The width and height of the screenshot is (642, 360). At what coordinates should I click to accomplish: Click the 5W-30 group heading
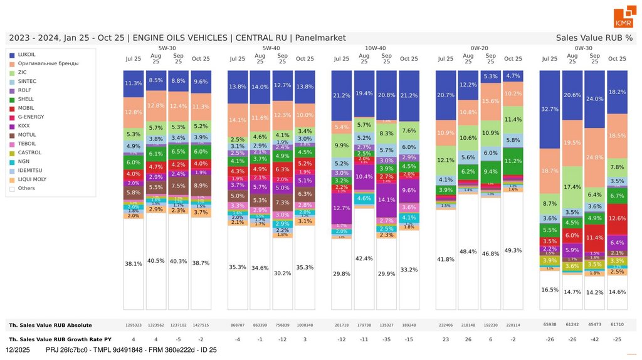click(167, 48)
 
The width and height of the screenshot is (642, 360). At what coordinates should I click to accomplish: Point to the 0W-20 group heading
click(479, 48)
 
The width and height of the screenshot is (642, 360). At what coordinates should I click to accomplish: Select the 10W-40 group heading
click(375, 48)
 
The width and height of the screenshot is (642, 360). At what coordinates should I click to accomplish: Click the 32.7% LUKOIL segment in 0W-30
click(549, 109)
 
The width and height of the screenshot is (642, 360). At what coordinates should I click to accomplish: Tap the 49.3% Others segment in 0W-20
click(513, 250)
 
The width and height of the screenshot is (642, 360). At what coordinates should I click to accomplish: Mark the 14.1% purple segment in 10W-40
click(387, 200)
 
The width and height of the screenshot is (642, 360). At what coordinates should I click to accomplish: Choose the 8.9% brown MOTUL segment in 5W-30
click(201, 186)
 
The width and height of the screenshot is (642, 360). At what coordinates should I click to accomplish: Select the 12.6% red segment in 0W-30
click(617, 218)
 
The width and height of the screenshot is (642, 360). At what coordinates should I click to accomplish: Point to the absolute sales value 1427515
click(201, 326)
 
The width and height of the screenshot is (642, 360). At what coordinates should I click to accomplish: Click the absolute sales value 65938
click(549, 326)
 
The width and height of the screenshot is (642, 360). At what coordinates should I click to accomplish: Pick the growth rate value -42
click(594, 339)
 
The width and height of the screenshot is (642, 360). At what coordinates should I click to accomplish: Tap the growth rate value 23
click(445, 339)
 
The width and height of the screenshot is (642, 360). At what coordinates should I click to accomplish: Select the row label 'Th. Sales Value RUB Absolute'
click(50, 326)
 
